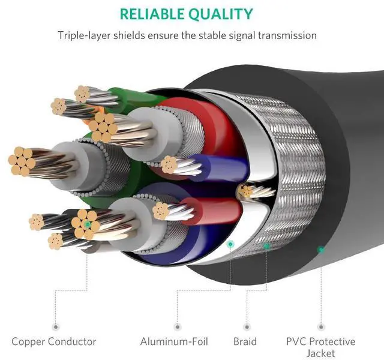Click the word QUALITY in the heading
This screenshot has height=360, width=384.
(221, 14)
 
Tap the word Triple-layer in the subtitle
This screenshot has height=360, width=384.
(84, 35)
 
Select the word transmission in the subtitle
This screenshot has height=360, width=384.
(287, 35)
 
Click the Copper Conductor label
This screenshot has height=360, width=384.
(53, 341)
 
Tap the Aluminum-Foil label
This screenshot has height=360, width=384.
(174, 341)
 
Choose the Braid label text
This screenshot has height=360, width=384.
(245, 341)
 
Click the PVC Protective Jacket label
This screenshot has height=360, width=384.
(320, 347)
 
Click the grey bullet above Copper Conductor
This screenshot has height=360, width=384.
(56, 326)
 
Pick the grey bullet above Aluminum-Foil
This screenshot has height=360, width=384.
(178, 326)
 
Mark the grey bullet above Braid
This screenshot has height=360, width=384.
(247, 326)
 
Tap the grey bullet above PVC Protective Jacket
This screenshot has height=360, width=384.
(321, 326)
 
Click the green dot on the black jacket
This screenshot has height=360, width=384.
(321, 250)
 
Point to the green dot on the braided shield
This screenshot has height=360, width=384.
(266, 246)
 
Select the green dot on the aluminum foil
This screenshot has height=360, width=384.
(230, 244)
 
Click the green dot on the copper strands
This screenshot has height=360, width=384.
(87, 224)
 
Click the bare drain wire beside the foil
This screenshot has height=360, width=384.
(254, 190)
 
